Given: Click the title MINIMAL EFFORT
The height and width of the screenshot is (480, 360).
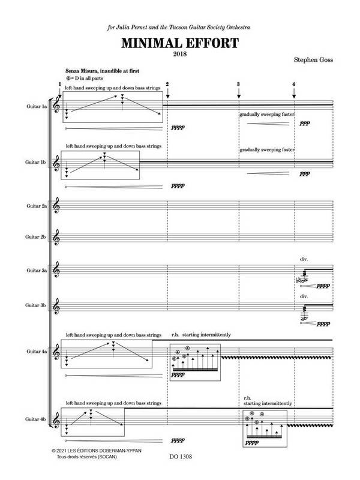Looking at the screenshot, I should [179, 43].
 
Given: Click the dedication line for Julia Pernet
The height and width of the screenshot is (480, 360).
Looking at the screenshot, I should [179, 28].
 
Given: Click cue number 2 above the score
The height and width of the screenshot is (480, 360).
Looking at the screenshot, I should [167, 83].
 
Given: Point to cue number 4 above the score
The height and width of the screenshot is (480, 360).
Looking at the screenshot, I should [294, 83].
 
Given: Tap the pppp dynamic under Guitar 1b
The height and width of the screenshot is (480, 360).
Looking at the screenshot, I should [178, 185].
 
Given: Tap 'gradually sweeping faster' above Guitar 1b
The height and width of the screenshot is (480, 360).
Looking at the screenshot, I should [266, 150].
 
